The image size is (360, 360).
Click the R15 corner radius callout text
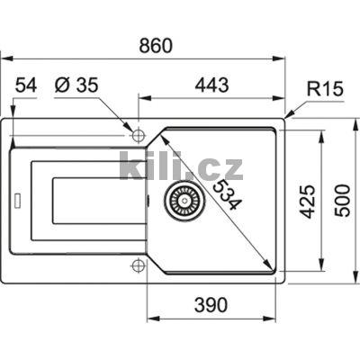[x=325, y=91]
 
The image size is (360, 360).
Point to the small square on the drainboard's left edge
[x=15, y=198]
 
